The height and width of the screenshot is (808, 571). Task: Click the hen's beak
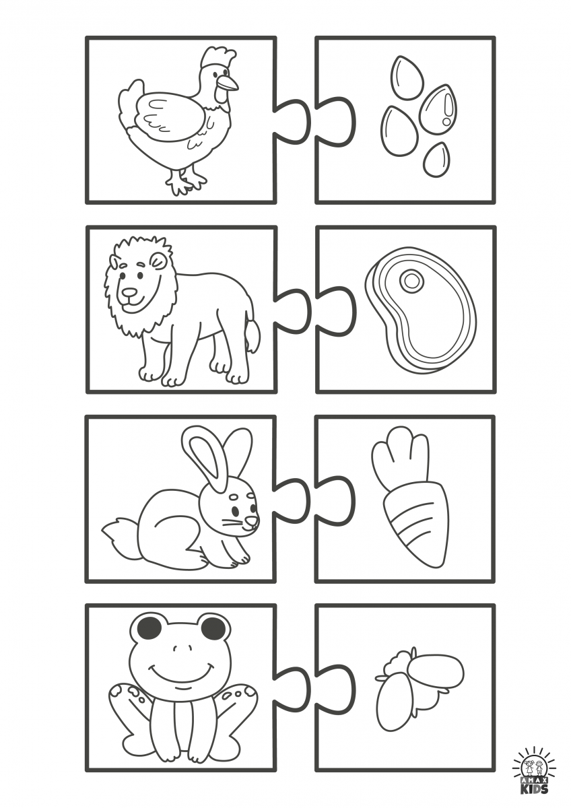point(229,83)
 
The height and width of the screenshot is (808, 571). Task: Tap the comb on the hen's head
point(219,58)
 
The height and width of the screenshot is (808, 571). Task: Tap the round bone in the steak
point(410,279)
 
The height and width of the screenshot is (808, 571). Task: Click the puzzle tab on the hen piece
point(292,119)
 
